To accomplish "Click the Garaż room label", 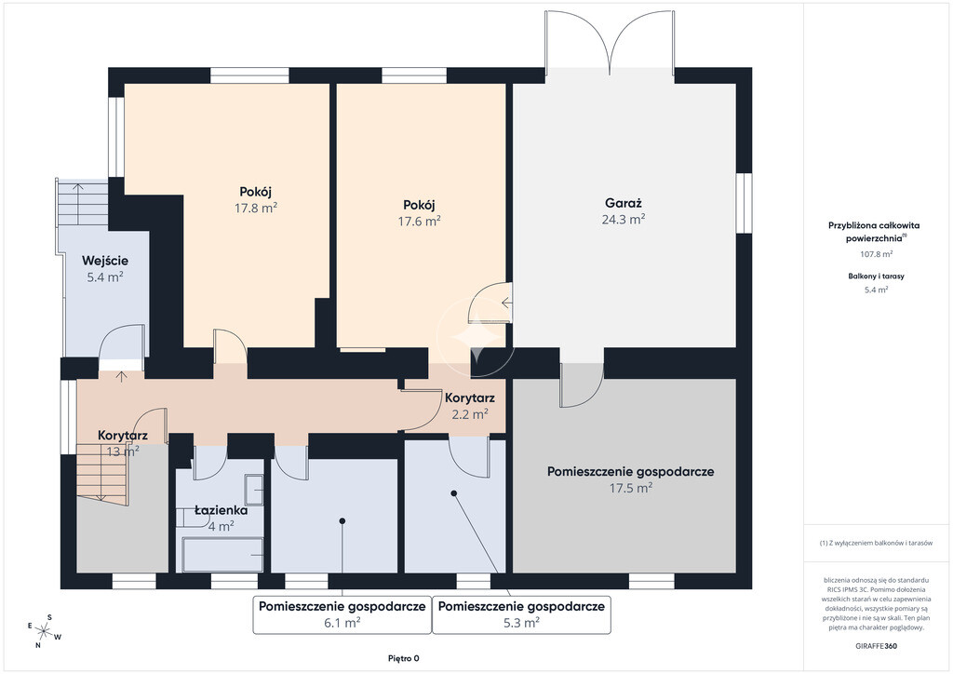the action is (x=623, y=204).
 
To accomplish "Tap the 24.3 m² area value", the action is (x=623, y=220).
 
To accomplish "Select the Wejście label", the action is (x=105, y=262).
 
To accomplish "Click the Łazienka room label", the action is (x=221, y=510).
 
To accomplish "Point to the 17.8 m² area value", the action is (x=256, y=208).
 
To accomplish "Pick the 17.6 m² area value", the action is (x=420, y=222).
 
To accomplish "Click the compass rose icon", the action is (x=44, y=631).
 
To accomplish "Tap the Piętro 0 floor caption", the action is (x=404, y=658).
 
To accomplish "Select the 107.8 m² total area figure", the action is (x=876, y=254).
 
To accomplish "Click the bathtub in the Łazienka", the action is (x=222, y=554).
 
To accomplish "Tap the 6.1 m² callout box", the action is (x=342, y=615).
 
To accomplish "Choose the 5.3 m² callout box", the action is (x=521, y=615).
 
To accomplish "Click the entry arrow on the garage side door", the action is (x=506, y=302).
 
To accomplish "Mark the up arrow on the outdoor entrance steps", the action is (x=78, y=187).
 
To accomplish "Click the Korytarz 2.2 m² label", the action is (x=469, y=407).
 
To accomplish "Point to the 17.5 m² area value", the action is (x=631, y=488).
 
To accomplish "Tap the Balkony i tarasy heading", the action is (x=876, y=276).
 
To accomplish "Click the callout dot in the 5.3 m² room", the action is (x=453, y=493).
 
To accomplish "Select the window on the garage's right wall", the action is (x=744, y=204).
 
